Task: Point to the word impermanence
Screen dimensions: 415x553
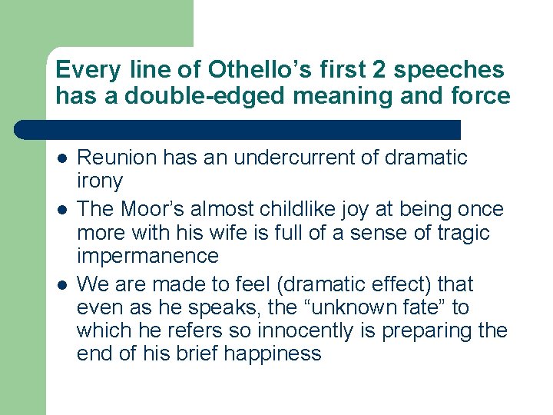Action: coord(147,255)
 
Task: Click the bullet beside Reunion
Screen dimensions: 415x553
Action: coord(61,158)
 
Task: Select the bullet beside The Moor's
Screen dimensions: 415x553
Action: coord(61,210)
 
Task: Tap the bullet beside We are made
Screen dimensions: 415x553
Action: coord(61,285)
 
